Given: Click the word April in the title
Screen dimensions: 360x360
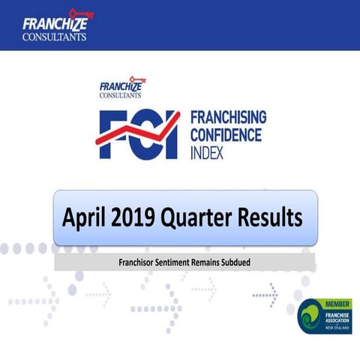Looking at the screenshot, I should (85, 218).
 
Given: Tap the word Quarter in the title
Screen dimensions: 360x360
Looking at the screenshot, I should (205, 218).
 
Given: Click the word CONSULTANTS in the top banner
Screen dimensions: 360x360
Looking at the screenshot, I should (54, 34).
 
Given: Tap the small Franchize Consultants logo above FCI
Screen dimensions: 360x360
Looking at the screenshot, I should (121, 88).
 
